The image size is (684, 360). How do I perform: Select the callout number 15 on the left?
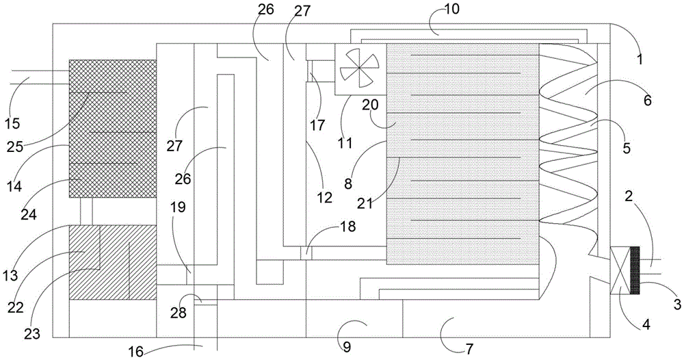tap(13, 124)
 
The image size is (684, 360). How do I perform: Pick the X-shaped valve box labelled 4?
tap(619, 270)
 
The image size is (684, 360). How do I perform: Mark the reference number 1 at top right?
tap(640, 59)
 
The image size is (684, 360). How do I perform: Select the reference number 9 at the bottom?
tap(347, 346)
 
